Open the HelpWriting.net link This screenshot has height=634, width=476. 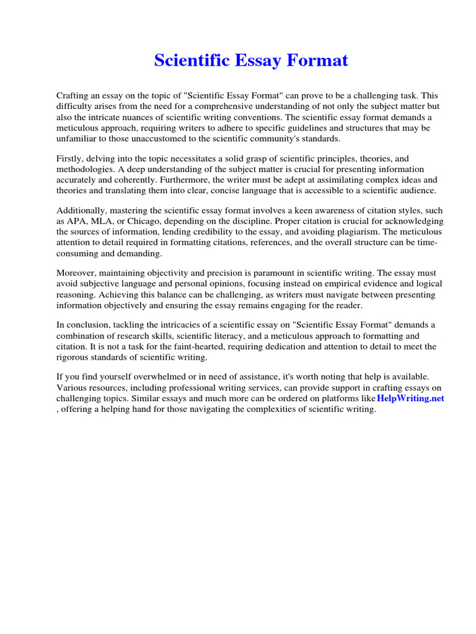410,399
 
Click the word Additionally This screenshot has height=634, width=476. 82,211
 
